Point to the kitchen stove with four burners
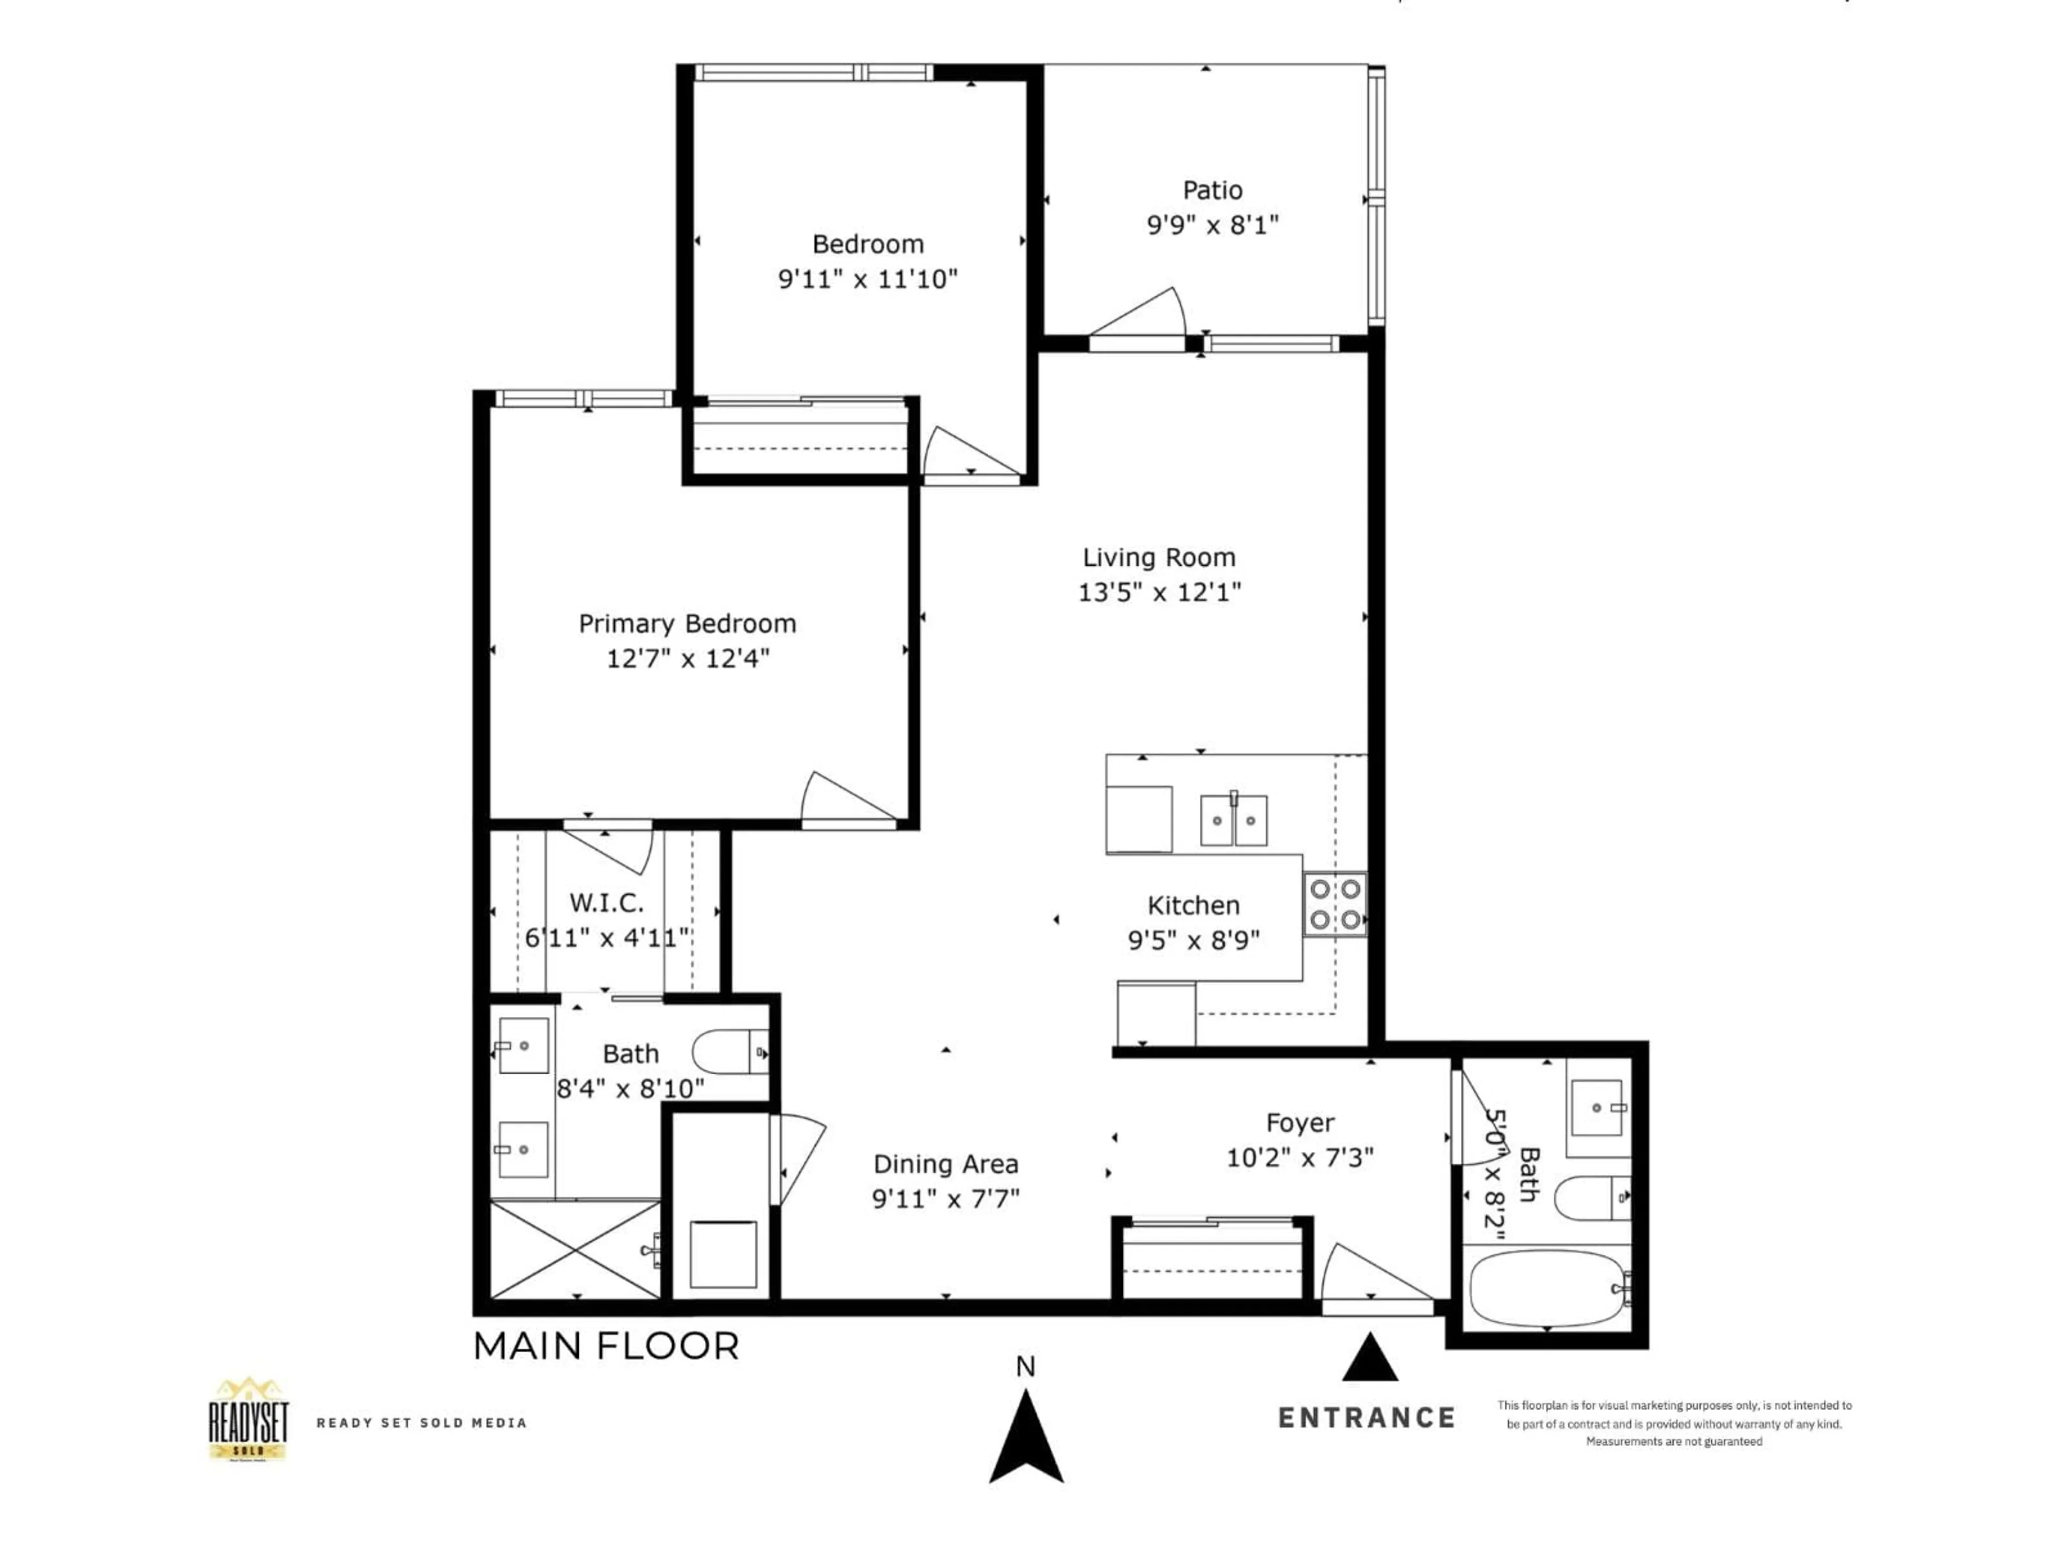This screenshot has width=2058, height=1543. pyautogui.click(x=1334, y=904)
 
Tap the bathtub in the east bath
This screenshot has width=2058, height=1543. pyautogui.click(x=1546, y=1288)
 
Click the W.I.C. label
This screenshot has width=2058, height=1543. pyautogui.click(x=606, y=902)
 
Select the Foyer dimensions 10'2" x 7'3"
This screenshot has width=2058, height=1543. pyautogui.click(x=1300, y=1158)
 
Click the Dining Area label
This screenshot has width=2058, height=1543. pyautogui.click(x=945, y=1164)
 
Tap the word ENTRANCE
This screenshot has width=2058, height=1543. pyautogui.click(x=1366, y=1418)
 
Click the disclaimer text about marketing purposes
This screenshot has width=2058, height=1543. pyautogui.click(x=1674, y=1423)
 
